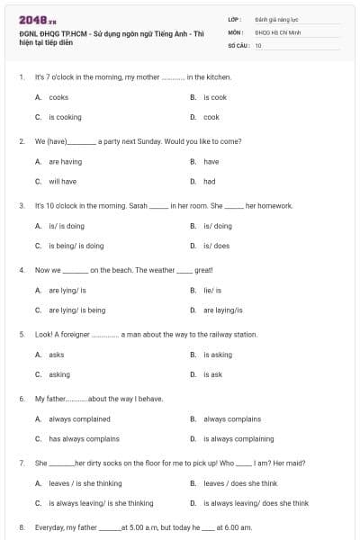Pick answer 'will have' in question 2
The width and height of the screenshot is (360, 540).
(x=62, y=181)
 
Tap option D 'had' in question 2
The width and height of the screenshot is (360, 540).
(x=210, y=181)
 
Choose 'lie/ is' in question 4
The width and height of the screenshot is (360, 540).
(x=212, y=291)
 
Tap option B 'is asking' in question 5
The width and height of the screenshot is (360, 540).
(x=217, y=355)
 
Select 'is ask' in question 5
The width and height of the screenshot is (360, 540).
(x=212, y=374)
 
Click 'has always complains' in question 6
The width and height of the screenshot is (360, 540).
(x=84, y=439)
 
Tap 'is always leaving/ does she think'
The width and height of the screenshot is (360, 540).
(x=256, y=503)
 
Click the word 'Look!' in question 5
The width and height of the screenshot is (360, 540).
(x=42, y=335)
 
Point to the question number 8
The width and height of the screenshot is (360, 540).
(x=21, y=527)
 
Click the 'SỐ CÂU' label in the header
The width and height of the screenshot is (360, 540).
(x=237, y=45)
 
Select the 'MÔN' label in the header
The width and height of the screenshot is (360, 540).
(x=235, y=31)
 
